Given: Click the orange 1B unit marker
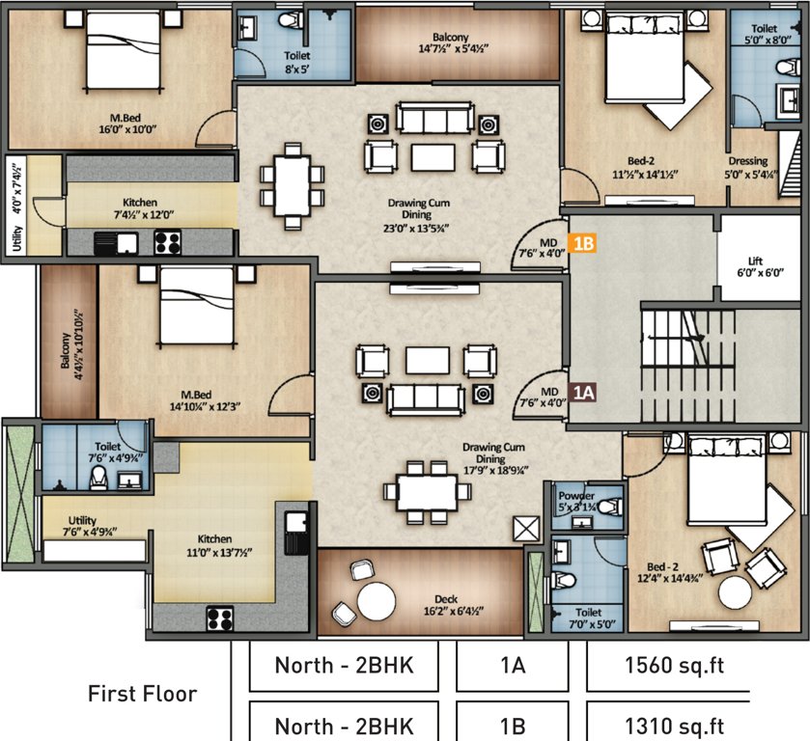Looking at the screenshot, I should pos(583,243).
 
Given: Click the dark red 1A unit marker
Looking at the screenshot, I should pos(582,392).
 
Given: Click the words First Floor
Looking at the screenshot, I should pos(143,693).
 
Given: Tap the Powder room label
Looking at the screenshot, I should pos(583,502).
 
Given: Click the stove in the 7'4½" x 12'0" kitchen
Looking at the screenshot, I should pos(167,242).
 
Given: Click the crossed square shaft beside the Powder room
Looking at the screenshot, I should pos(527,529).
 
